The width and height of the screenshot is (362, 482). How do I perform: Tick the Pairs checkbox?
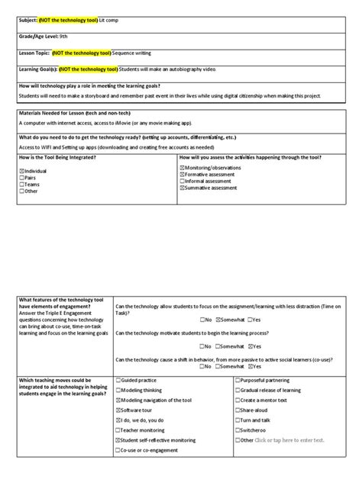tap(22, 178)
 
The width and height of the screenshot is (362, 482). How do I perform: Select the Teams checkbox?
tap(22, 185)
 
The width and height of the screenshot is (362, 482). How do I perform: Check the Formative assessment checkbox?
tap(182, 174)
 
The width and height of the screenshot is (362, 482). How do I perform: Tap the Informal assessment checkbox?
tap(182, 181)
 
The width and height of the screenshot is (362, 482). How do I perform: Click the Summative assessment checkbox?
tap(182, 188)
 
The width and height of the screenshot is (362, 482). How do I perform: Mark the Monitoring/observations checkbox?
tap(182, 167)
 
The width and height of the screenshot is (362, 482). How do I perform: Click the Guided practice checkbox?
tap(118, 379)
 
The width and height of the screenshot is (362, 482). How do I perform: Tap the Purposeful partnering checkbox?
tap(237, 379)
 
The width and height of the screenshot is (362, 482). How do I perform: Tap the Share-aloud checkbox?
tap(237, 410)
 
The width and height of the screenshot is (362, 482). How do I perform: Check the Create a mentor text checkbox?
tap(237, 400)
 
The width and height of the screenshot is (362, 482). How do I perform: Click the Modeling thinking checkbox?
tap(118, 389)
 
